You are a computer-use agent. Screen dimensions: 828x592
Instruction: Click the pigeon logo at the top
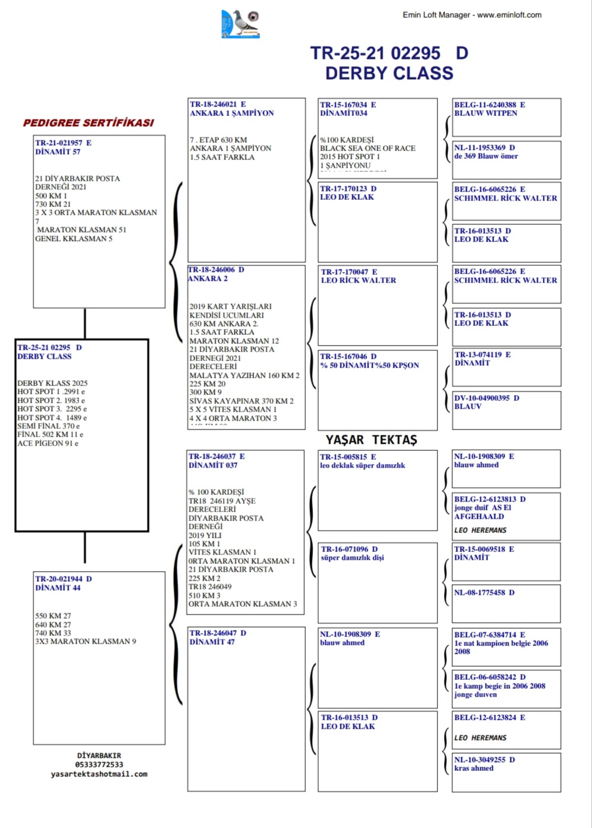[x=241, y=24]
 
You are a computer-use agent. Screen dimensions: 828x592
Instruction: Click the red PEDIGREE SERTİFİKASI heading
[x=88, y=123]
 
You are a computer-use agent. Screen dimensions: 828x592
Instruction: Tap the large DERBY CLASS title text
[x=389, y=73]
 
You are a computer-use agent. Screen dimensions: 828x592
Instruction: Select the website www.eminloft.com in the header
[x=509, y=15]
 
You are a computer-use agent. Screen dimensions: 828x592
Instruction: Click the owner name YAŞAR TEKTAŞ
[x=371, y=440]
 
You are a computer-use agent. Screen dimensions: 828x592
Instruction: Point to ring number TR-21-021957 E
[x=63, y=143]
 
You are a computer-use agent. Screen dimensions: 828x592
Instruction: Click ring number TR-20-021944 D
[x=63, y=579]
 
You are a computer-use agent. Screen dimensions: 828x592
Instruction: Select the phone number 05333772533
[x=99, y=765]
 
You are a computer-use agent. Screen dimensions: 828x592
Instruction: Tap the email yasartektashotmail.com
[x=99, y=774]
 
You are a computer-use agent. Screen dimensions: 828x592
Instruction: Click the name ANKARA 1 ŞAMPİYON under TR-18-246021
[x=231, y=113]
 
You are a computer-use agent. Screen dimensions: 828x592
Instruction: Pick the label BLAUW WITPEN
[x=485, y=113]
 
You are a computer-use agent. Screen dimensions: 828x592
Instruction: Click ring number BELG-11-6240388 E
[x=489, y=105]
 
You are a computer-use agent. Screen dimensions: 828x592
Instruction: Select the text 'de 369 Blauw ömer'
[x=485, y=156]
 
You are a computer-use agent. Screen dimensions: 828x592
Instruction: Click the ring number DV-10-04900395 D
[x=486, y=398]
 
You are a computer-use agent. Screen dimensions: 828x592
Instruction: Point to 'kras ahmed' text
[x=474, y=768]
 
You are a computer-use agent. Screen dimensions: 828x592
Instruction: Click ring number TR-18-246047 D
[x=217, y=633]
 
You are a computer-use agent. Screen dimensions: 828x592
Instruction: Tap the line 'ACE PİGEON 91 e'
[x=48, y=443]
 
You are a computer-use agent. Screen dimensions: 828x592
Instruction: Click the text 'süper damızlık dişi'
[x=352, y=557]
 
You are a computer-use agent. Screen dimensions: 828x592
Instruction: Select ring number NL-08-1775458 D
[x=484, y=592]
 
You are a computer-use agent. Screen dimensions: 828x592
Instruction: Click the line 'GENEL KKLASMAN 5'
[x=73, y=239]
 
